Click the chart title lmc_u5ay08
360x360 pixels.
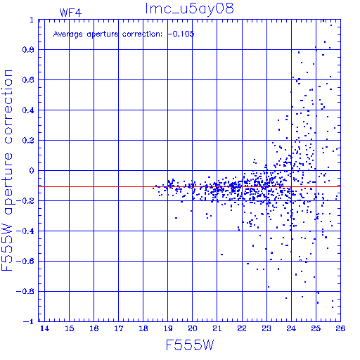(189, 8)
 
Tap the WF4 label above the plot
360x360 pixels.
(70, 13)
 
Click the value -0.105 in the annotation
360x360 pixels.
(181, 34)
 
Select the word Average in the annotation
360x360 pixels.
(68, 34)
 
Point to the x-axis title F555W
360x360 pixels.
(190, 345)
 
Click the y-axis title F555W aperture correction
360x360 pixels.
(7, 170)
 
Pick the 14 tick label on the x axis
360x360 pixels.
(44, 328)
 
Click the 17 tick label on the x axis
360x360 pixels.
(119, 328)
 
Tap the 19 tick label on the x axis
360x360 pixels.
(168, 328)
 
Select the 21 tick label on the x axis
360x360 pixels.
(217, 328)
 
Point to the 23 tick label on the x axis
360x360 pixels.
(266, 328)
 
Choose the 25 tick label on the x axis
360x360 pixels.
(316, 328)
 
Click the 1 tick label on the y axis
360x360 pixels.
(32, 20)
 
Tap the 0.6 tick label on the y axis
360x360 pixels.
(28, 80)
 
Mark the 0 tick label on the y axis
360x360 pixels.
(32, 171)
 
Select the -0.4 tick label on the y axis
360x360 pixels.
(25, 231)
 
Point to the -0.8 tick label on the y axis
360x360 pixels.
(25, 292)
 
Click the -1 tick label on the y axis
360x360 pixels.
(29, 321)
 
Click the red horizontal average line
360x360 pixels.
(189, 187)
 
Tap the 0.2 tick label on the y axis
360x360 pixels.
(28, 141)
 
